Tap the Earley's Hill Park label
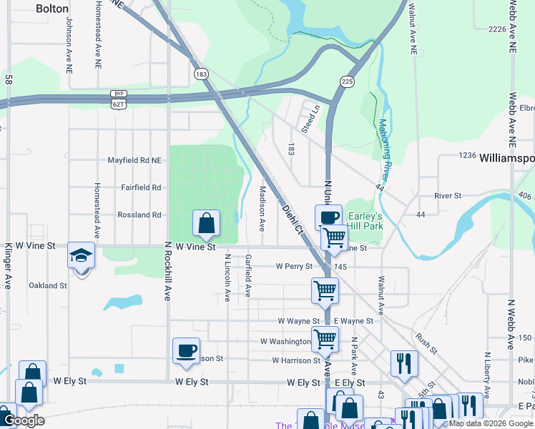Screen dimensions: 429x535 click(x=365, y=221)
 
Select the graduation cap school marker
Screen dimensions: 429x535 click(x=81, y=255)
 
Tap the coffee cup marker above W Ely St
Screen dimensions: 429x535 click(x=186, y=350)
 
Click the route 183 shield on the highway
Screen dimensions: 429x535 click(x=202, y=74)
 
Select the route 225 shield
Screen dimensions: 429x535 click(x=347, y=82)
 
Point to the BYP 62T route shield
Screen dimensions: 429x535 click(x=118, y=99)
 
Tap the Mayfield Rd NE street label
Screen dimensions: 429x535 click(x=134, y=161)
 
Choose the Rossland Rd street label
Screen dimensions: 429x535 click(x=139, y=214)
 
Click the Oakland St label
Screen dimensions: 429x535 click(x=47, y=285)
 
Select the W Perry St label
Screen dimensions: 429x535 click(x=295, y=266)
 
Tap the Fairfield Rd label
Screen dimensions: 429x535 click(x=141, y=187)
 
